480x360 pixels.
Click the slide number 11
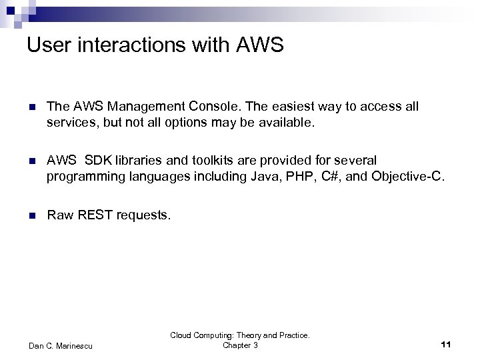point(446,344)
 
